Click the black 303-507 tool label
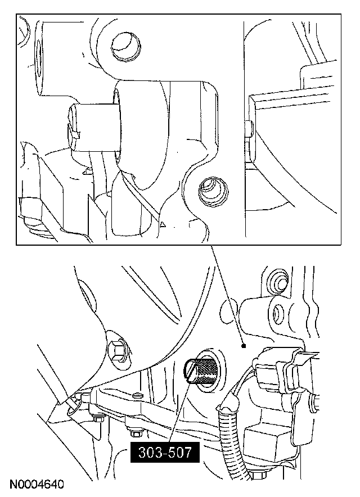(165, 452)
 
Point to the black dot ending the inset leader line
(244, 346)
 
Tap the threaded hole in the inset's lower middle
(213, 191)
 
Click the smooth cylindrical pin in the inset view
(94, 128)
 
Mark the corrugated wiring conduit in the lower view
(228, 434)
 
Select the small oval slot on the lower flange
(137, 395)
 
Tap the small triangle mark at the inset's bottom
(163, 224)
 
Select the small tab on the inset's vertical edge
(247, 128)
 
